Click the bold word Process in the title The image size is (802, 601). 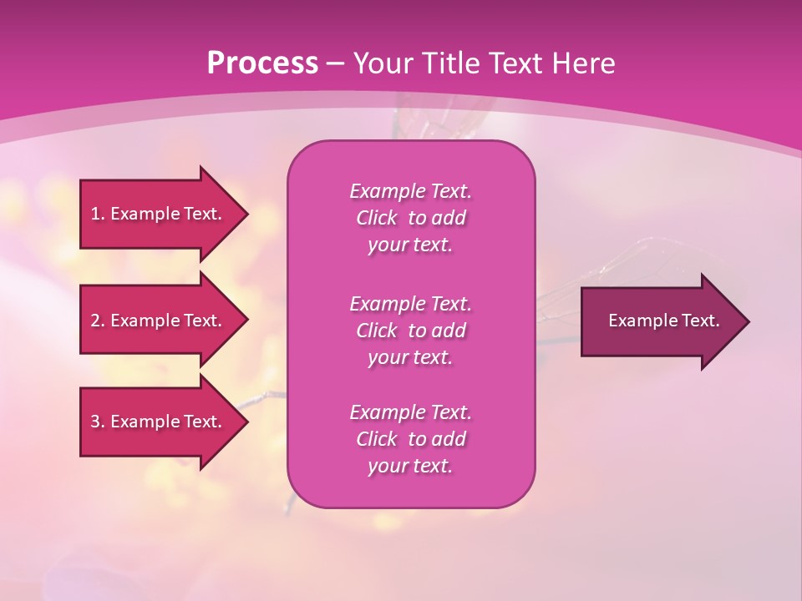pyautogui.click(x=262, y=63)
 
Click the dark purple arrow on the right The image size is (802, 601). pyautogui.click(x=660, y=321)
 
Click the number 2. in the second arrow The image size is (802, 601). pyautogui.click(x=98, y=321)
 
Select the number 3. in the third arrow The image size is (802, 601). pyautogui.click(x=98, y=422)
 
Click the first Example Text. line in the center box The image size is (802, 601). pyautogui.click(x=410, y=191)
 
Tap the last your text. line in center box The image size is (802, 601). pyautogui.click(x=410, y=466)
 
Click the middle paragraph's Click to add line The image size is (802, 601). pyautogui.click(x=410, y=331)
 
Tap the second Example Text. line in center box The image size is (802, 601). pyautogui.click(x=410, y=303)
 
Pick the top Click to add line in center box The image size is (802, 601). pyautogui.click(x=410, y=218)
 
